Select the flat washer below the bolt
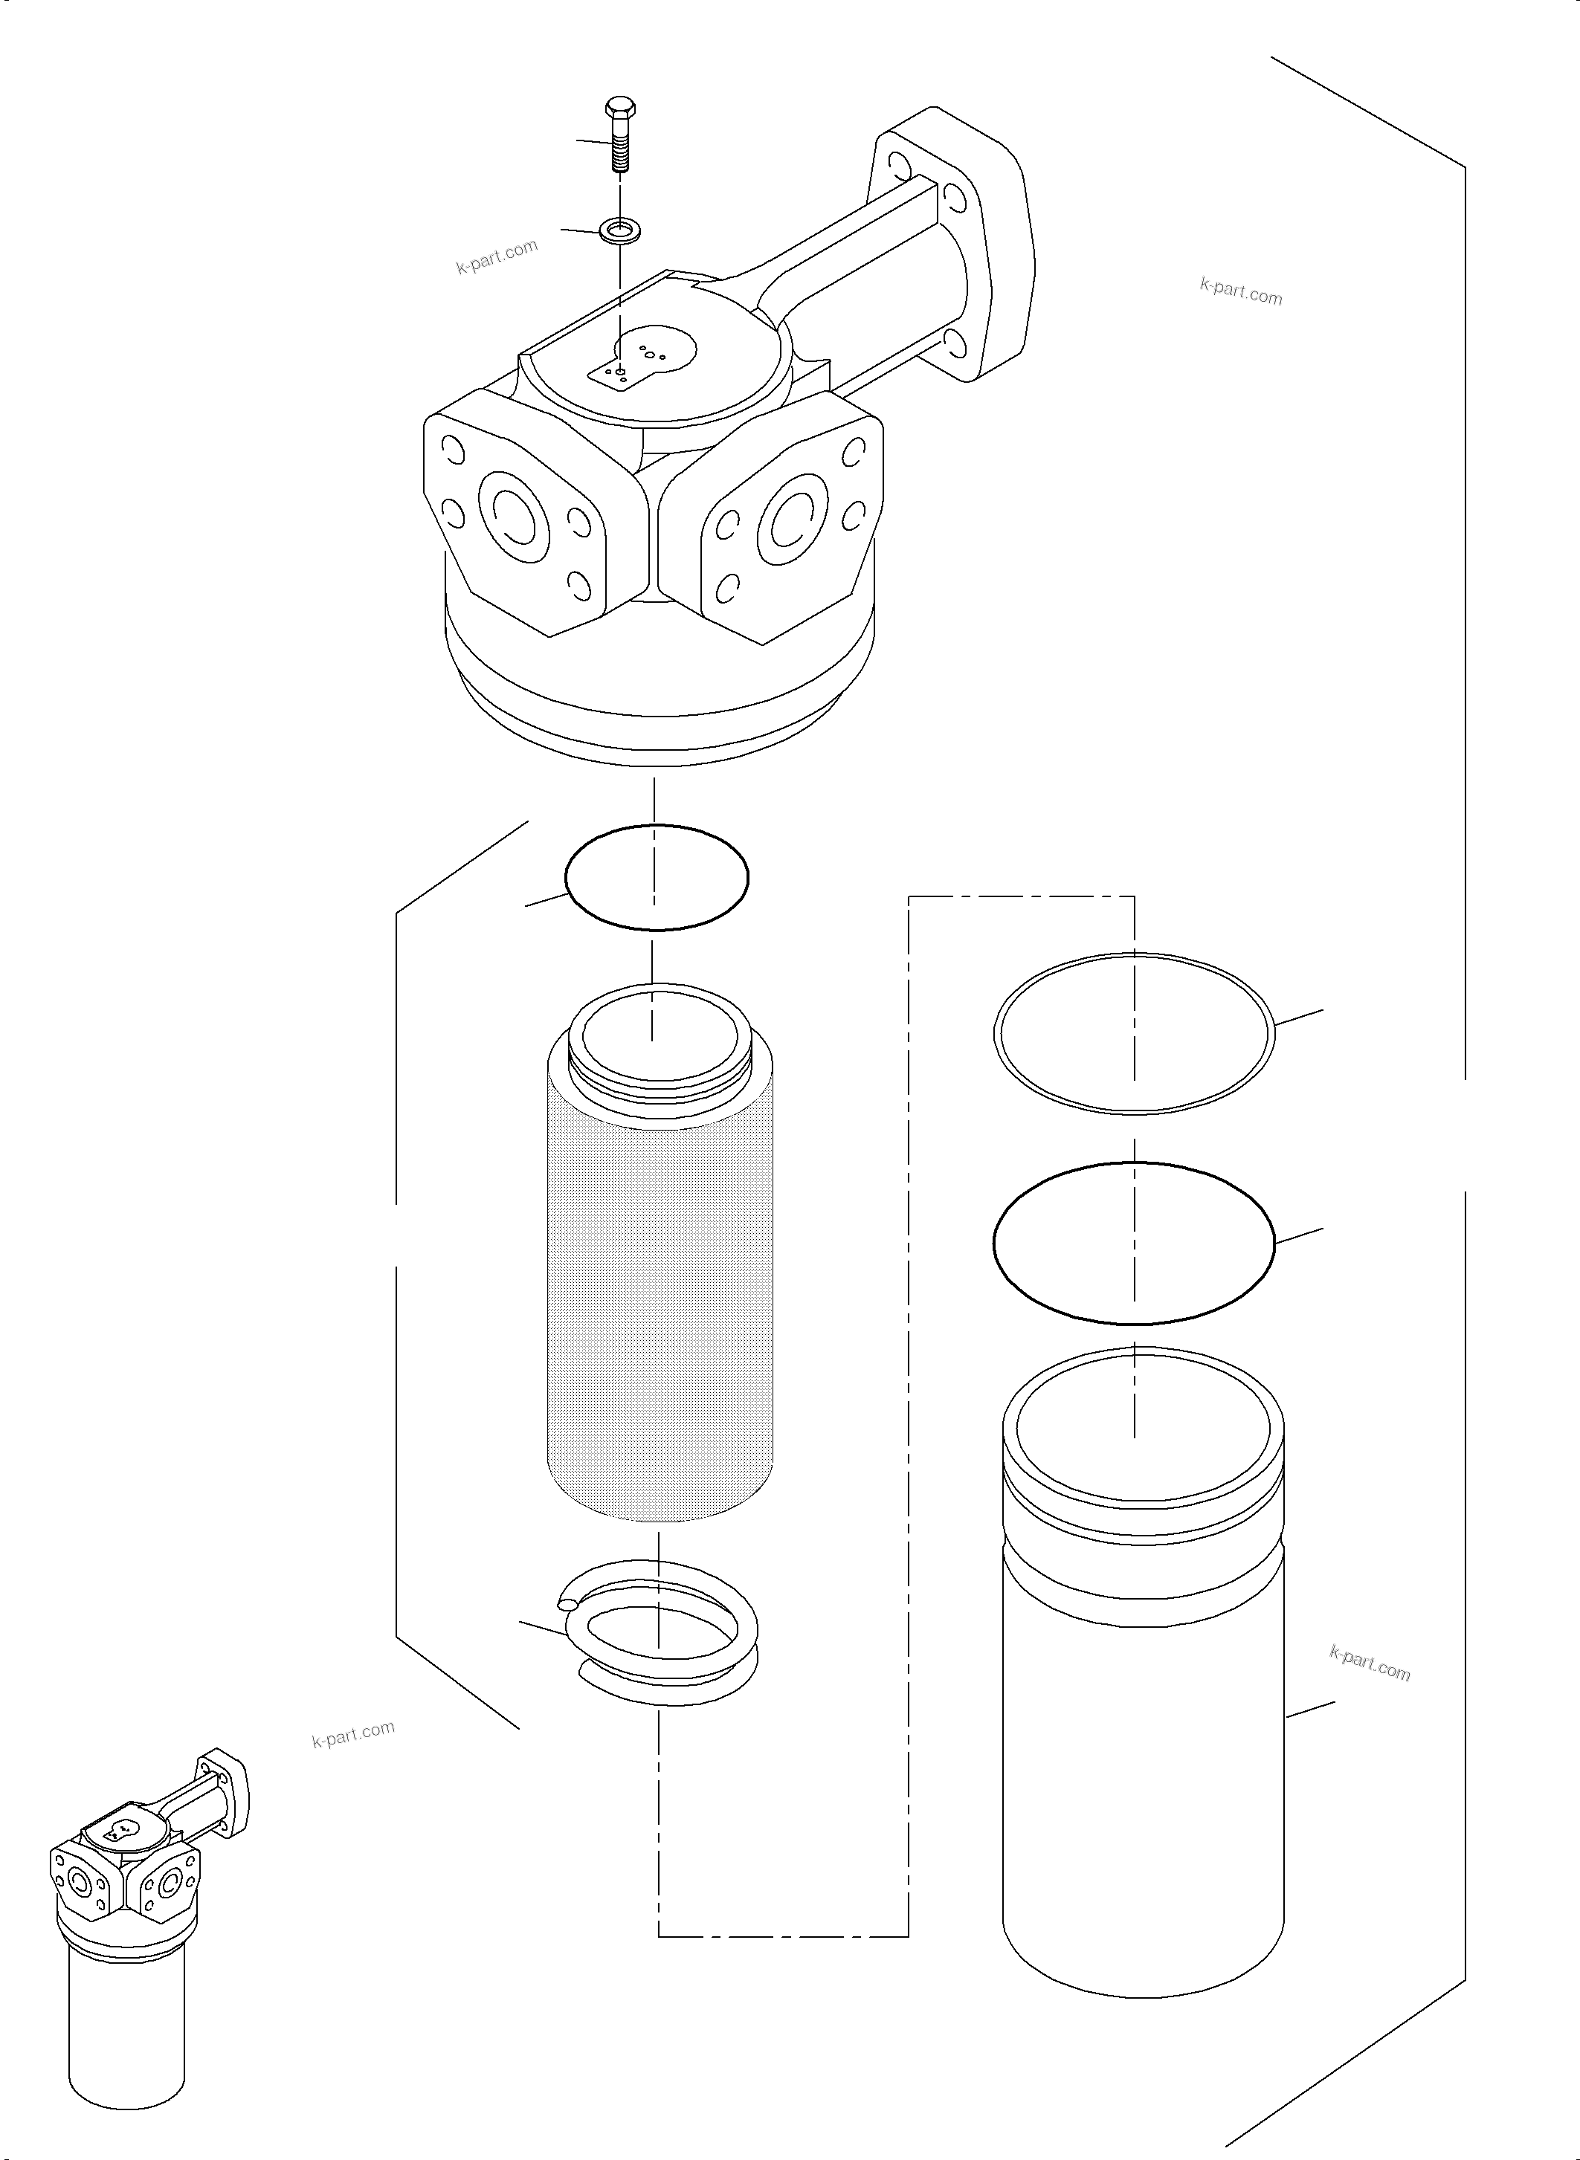pyautogui.click(x=620, y=230)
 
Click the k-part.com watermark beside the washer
pyautogui.click(x=497, y=256)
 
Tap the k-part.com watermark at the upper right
pyautogui.click(x=1240, y=291)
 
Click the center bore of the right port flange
pyautogui.click(x=794, y=521)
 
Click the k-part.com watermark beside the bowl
pyautogui.click(x=1370, y=1665)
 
